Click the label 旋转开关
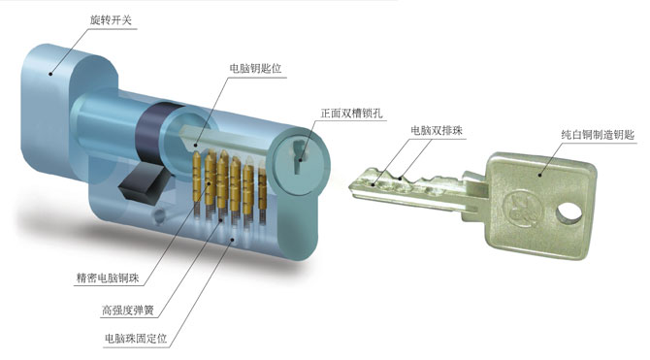(x=111, y=20)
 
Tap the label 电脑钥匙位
(x=255, y=68)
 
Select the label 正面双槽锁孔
(x=351, y=114)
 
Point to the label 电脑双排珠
(x=437, y=131)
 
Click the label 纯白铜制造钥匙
(x=598, y=134)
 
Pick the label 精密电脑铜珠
(x=108, y=278)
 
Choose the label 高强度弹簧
(x=128, y=310)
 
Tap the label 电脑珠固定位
(x=136, y=339)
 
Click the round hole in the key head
(x=569, y=213)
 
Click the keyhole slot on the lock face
(x=298, y=156)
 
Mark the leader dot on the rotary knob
(x=50, y=75)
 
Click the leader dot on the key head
(x=539, y=175)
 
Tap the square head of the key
(x=538, y=206)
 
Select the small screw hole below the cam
(x=158, y=215)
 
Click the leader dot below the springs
(x=232, y=240)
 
